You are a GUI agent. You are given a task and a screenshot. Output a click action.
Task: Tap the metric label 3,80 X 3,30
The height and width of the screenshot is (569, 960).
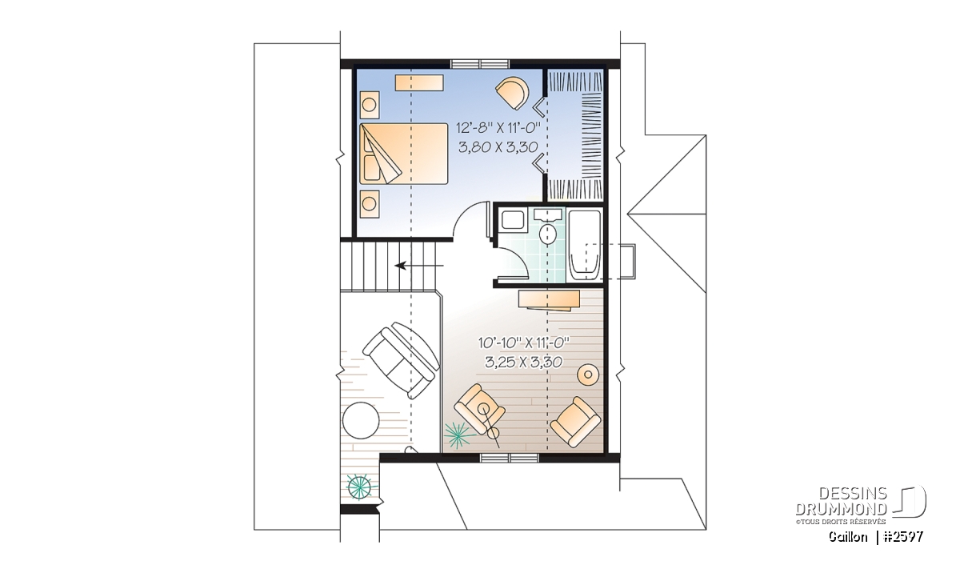pyautogui.click(x=498, y=147)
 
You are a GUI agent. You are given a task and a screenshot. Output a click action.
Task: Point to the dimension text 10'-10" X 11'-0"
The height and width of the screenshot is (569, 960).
pyautogui.click(x=524, y=343)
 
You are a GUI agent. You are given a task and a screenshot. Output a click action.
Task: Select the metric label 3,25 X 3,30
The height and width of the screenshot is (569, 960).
pyautogui.click(x=524, y=363)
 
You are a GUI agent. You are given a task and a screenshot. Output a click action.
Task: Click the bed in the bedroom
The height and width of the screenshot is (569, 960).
pyautogui.click(x=403, y=154)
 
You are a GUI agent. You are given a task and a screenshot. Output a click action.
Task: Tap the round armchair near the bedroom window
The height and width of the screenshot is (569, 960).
pyautogui.click(x=512, y=93)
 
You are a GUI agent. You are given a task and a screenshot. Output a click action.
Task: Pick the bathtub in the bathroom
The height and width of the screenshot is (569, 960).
pyautogui.click(x=585, y=246)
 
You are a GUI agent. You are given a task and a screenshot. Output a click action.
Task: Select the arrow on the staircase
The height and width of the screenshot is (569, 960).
pyautogui.click(x=418, y=266)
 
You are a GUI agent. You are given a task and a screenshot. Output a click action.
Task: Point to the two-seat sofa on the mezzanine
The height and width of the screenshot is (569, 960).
pyautogui.click(x=401, y=360)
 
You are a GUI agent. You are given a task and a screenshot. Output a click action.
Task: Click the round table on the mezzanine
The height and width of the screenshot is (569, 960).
pyautogui.click(x=361, y=421)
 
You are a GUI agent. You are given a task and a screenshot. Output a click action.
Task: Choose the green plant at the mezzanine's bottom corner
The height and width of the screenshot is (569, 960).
pyautogui.click(x=359, y=487)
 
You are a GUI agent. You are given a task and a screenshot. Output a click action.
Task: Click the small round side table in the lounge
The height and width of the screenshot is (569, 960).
pyautogui.click(x=588, y=375)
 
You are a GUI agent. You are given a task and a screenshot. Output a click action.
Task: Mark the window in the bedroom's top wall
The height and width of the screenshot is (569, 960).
pyautogui.click(x=481, y=64)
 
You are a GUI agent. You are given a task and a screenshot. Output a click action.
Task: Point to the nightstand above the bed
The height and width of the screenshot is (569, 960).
pyautogui.click(x=370, y=105)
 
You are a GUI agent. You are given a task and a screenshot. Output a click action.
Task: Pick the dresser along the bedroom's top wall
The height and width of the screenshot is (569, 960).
pyautogui.click(x=419, y=82)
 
